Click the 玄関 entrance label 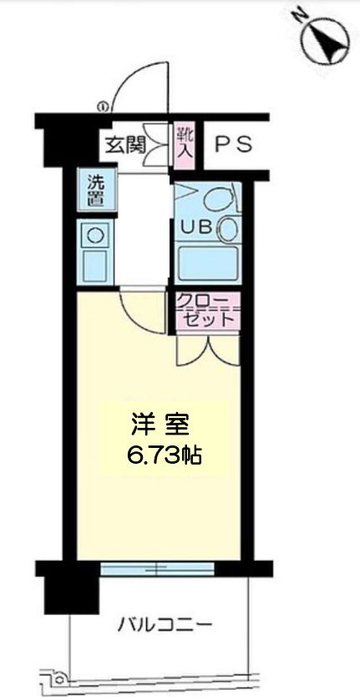[124, 145]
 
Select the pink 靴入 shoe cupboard [185, 144]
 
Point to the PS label [234, 145]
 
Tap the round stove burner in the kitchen [94, 235]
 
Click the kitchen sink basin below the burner [94, 266]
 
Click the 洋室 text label [159, 425]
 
